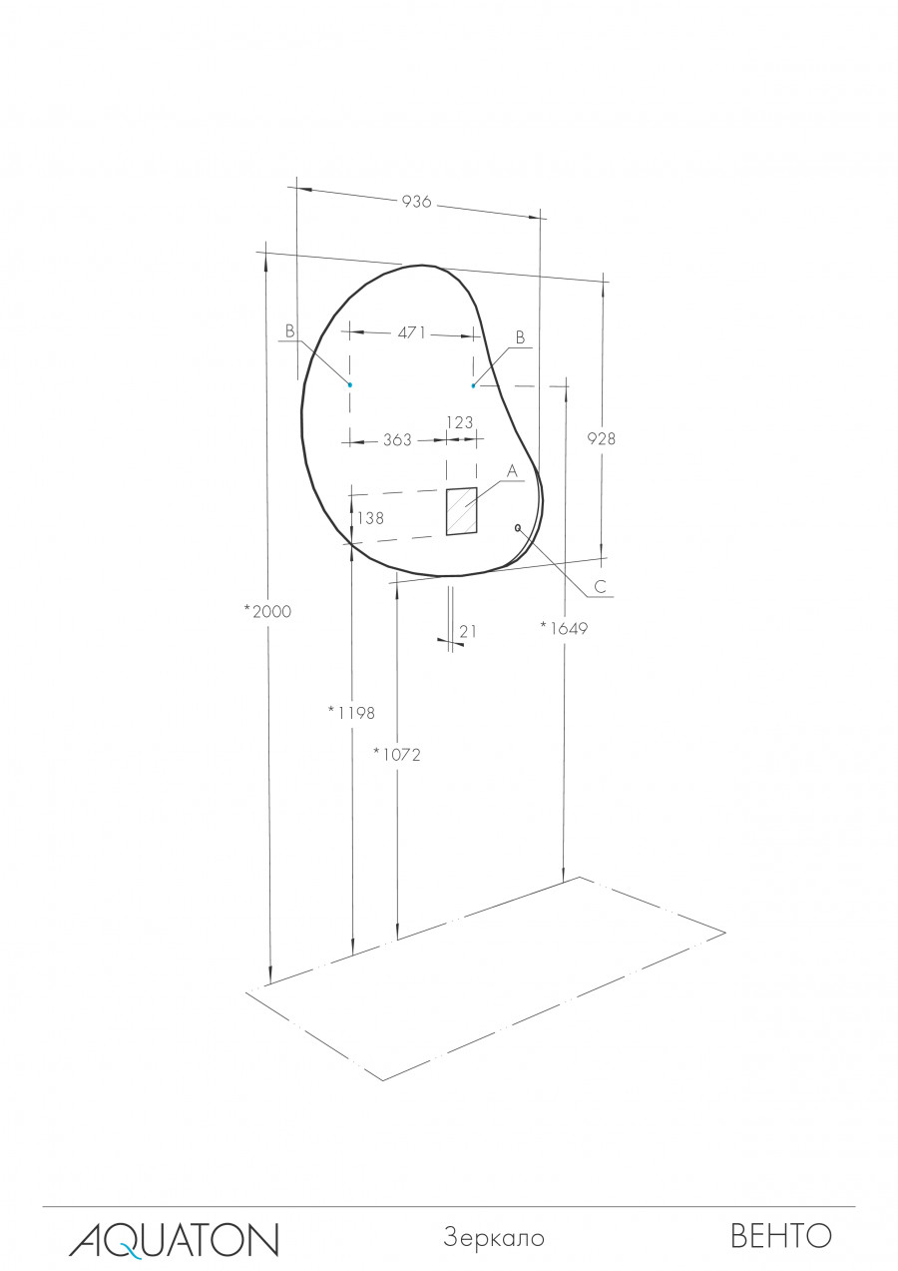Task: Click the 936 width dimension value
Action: pos(417,202)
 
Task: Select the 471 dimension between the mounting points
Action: pos(411,333)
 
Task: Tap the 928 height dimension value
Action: pos(601,438)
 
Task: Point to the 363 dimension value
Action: pos(397,439)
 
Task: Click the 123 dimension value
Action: pos(460,422)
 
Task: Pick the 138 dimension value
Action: pos(371,518)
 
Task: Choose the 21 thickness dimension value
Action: pos(468,631)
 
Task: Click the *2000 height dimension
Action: pos(267,611)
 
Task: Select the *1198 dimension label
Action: pos(351,713)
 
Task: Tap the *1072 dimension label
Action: pos(397,755)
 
